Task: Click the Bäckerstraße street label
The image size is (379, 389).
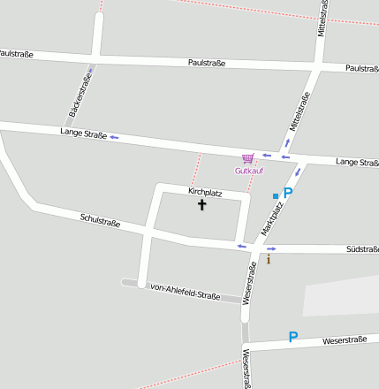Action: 80,97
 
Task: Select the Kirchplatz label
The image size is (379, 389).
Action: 205,192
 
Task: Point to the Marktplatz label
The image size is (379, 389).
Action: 272,217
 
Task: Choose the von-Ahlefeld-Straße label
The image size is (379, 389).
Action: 185,291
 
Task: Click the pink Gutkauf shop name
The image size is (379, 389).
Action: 248,171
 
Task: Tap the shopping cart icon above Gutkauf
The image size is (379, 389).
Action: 247,158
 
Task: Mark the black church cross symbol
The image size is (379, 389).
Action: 201,205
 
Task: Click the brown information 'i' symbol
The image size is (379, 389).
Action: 269,259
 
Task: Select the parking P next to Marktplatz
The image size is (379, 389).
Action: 287,193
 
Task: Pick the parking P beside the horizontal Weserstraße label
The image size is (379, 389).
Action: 293,337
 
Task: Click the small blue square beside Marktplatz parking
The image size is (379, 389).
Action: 276,195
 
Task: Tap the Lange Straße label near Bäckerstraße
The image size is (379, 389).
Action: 83,133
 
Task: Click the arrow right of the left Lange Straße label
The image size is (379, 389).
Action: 114,136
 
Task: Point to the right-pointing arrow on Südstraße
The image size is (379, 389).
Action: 271,248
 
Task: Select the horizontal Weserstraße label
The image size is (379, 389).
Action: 345,340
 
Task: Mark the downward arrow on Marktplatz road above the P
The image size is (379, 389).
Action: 298,172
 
